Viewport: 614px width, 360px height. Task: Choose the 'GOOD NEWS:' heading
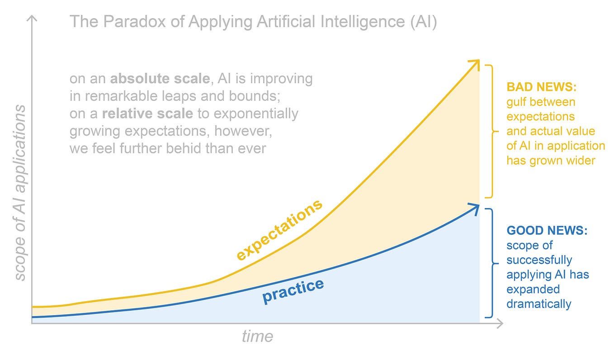click(x=547, y=231)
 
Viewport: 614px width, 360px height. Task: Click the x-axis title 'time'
click(x=257, y=336)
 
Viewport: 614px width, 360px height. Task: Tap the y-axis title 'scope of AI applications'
click(x=20, y=192)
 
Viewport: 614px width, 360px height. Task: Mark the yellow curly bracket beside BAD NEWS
click(x=490, y=131)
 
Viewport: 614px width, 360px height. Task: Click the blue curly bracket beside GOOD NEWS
click(x=490, y=263)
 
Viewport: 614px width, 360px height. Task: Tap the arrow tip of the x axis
click(x=500, y=323)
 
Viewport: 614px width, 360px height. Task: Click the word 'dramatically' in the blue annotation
click(x=538, y=303)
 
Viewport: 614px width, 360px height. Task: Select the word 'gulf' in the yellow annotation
click(x=516, y=102)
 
